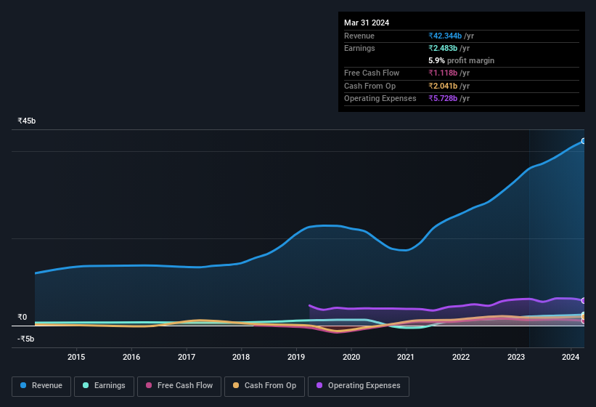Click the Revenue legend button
pos(41,385)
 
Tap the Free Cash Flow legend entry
pos(179,385)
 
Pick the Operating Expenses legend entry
pos(358,385)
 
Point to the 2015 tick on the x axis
pos(76,357)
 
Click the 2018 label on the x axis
pos(241,357)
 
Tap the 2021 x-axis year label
pos(406,357)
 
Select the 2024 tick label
pos(571,357)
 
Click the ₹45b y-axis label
pos(27,121)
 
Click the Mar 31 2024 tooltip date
pos(367,23)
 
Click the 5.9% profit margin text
pos(461,60)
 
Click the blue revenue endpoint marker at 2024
pos(584,141)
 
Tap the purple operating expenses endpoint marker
pos(584,300)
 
